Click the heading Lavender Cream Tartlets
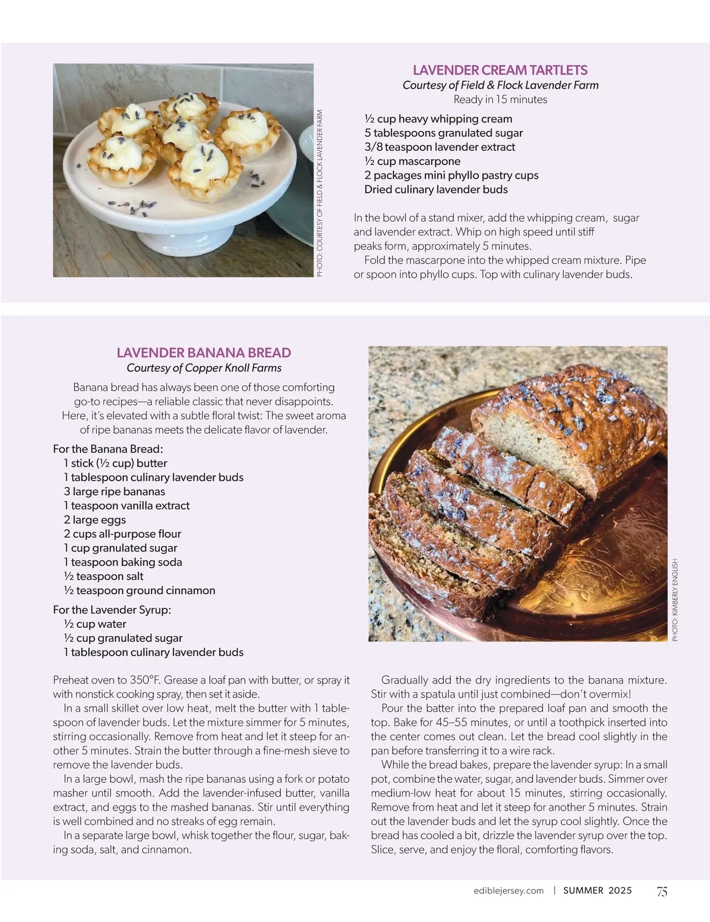[x=500, y=70]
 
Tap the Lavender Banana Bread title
[x=204, y=353]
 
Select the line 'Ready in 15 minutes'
[x=500, y=99]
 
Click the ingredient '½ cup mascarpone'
[x=412, y=161]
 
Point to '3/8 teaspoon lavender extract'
[x=440, y=147]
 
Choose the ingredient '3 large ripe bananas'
[x=114, y=491]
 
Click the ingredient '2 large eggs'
[x=95, y=520]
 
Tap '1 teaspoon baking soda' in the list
[x=122, y=562]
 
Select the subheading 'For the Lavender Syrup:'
[x=112, y=610]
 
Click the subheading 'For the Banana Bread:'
[x=108, y=449]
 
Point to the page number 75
[x=662, y=891]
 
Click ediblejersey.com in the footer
[x=508, y=891]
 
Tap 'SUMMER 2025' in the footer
[x=597, y=891]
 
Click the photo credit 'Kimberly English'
[x=675, y=599]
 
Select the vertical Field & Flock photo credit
[x=320, y=193]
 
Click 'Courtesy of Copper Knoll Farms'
[x=204, y=368]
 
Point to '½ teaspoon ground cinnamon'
[x=139, y=591]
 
